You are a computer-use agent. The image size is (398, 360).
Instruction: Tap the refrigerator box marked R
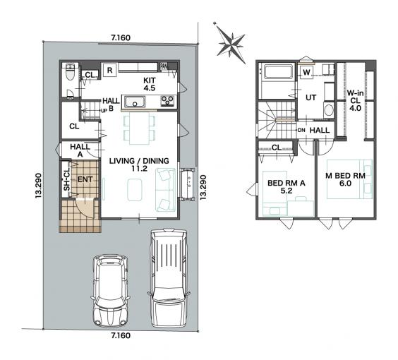click(x=109, y=70)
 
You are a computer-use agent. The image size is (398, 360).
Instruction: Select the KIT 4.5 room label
click(x=150, y=84)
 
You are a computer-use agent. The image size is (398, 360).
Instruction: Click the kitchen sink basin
click(x=135, y=102)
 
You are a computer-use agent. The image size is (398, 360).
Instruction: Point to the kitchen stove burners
click(x=167, y=100)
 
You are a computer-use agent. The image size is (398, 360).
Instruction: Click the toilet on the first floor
click(x=70, y=72)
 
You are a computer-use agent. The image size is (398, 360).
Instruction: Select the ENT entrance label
click(x=85, y=179)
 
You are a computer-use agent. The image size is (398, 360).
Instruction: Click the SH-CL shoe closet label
click(x=67, y=179)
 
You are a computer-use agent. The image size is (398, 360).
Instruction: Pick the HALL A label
click(x=80, y=150)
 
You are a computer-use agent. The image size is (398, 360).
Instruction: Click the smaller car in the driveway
click(x=110, y=291)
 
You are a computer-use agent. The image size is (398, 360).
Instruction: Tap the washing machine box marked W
click(x=307, y=73)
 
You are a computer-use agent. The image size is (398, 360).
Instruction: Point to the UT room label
click(x=310, y=97)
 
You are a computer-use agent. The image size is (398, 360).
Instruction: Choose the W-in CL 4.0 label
click(x=355, y=100)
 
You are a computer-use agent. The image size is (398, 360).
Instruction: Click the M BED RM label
click(x=345, y=179)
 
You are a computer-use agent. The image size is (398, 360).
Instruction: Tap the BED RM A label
click(x=287, y=186)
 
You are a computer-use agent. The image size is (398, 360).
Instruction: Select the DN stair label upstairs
click(x=301, y=131)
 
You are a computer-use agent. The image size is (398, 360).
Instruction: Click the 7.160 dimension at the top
click(x=121, y=38)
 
